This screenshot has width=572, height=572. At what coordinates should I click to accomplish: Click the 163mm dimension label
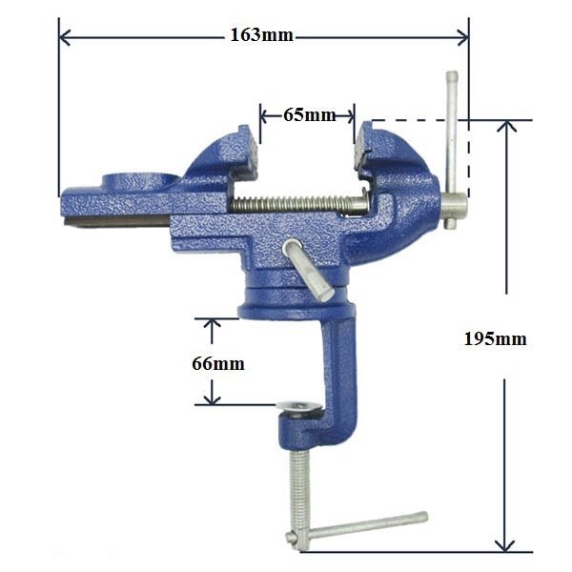(x=261, y=35)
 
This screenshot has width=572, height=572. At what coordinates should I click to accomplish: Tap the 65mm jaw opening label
(x=309, y=115)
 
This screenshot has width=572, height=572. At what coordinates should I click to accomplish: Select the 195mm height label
(x=495, y=338)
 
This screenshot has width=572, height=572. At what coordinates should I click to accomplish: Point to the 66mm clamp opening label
(x=218, y=364)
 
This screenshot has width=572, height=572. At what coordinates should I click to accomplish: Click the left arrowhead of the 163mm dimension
(x=64, y=37)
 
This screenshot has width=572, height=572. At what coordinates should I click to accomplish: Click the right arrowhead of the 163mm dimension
(x=463, y=37)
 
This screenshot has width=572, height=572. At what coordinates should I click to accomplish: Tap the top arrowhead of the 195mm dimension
(x=506, y=126)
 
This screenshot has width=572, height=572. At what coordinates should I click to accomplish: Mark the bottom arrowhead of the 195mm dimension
(x=504, y=545)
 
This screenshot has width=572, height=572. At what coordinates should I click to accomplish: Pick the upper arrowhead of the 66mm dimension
(x=212, y=324)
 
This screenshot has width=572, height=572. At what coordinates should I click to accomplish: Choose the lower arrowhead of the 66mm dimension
(x=212, y=399)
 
